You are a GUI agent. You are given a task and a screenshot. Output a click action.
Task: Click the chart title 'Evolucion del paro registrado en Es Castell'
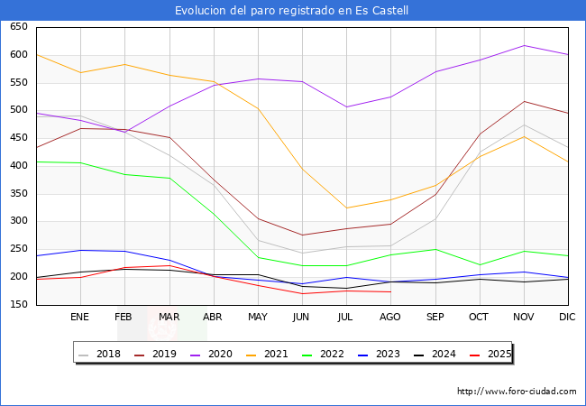pos(292,11)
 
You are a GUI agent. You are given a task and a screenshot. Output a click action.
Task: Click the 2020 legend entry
pos(226,354)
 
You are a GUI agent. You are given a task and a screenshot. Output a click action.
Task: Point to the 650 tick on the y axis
pos(18,27)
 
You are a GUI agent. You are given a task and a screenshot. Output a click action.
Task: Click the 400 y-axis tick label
pos(18,166)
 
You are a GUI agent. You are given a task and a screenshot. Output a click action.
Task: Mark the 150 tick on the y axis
pos(18,305)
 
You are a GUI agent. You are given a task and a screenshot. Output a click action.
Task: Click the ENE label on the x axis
pos(80,318)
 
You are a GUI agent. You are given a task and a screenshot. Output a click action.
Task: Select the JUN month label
pos(302,318)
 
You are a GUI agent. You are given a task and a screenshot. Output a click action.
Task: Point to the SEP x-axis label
pos(435,318)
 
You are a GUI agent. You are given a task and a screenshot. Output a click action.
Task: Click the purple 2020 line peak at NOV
pos(524,45)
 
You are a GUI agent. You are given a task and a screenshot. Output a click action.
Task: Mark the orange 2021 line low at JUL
pos(346,208)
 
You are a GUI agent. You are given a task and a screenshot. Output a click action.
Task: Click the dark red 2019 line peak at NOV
pos(524,101)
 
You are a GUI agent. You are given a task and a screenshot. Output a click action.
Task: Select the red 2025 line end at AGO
pos(390,291)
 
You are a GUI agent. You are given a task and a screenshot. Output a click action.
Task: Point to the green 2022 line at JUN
pos(302,265)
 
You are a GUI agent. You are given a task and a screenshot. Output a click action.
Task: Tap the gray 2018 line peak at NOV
pos(524,125)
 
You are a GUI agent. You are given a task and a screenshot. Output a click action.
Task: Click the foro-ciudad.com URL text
pos(517,392)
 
